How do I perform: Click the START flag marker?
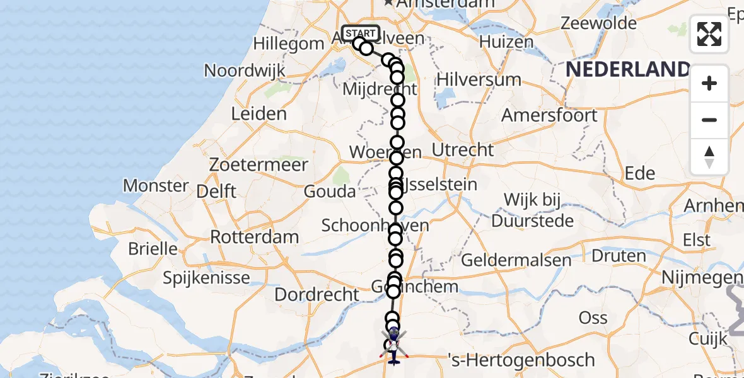361,33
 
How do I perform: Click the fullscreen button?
709,34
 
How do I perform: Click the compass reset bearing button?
709,157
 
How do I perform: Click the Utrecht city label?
463,150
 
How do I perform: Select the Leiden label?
259,114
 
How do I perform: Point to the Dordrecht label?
317,294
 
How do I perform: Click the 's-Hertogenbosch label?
520,360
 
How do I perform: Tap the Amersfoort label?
549,116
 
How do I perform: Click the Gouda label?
329,192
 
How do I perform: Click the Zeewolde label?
598,23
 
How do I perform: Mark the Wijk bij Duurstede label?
533,210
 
